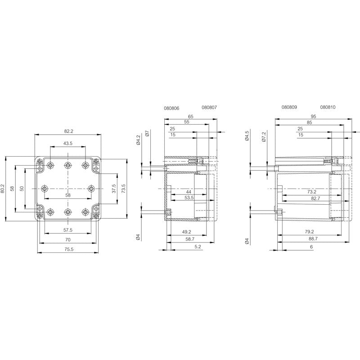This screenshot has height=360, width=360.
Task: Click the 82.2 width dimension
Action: tap(68, 131)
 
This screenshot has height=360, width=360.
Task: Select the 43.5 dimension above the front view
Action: tap(68, 143)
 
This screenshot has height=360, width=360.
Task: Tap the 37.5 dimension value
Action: tap(114, 188)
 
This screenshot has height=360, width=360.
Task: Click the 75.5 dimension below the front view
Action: tap(68, 249)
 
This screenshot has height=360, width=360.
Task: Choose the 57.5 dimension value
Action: tap(68, 230)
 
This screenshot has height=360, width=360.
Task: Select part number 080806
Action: tap(172, 108)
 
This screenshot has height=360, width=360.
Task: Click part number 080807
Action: tap(209, 108)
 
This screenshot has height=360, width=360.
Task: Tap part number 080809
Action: tap(289, 108)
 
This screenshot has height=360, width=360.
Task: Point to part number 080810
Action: tap(328, 108)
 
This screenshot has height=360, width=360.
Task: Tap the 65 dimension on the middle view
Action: tap(190, 116)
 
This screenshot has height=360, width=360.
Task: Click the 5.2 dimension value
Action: tap(198, 247)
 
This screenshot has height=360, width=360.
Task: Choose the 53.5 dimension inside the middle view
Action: tap(189, 198)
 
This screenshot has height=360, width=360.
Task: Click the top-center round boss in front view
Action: tap(68, 165)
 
